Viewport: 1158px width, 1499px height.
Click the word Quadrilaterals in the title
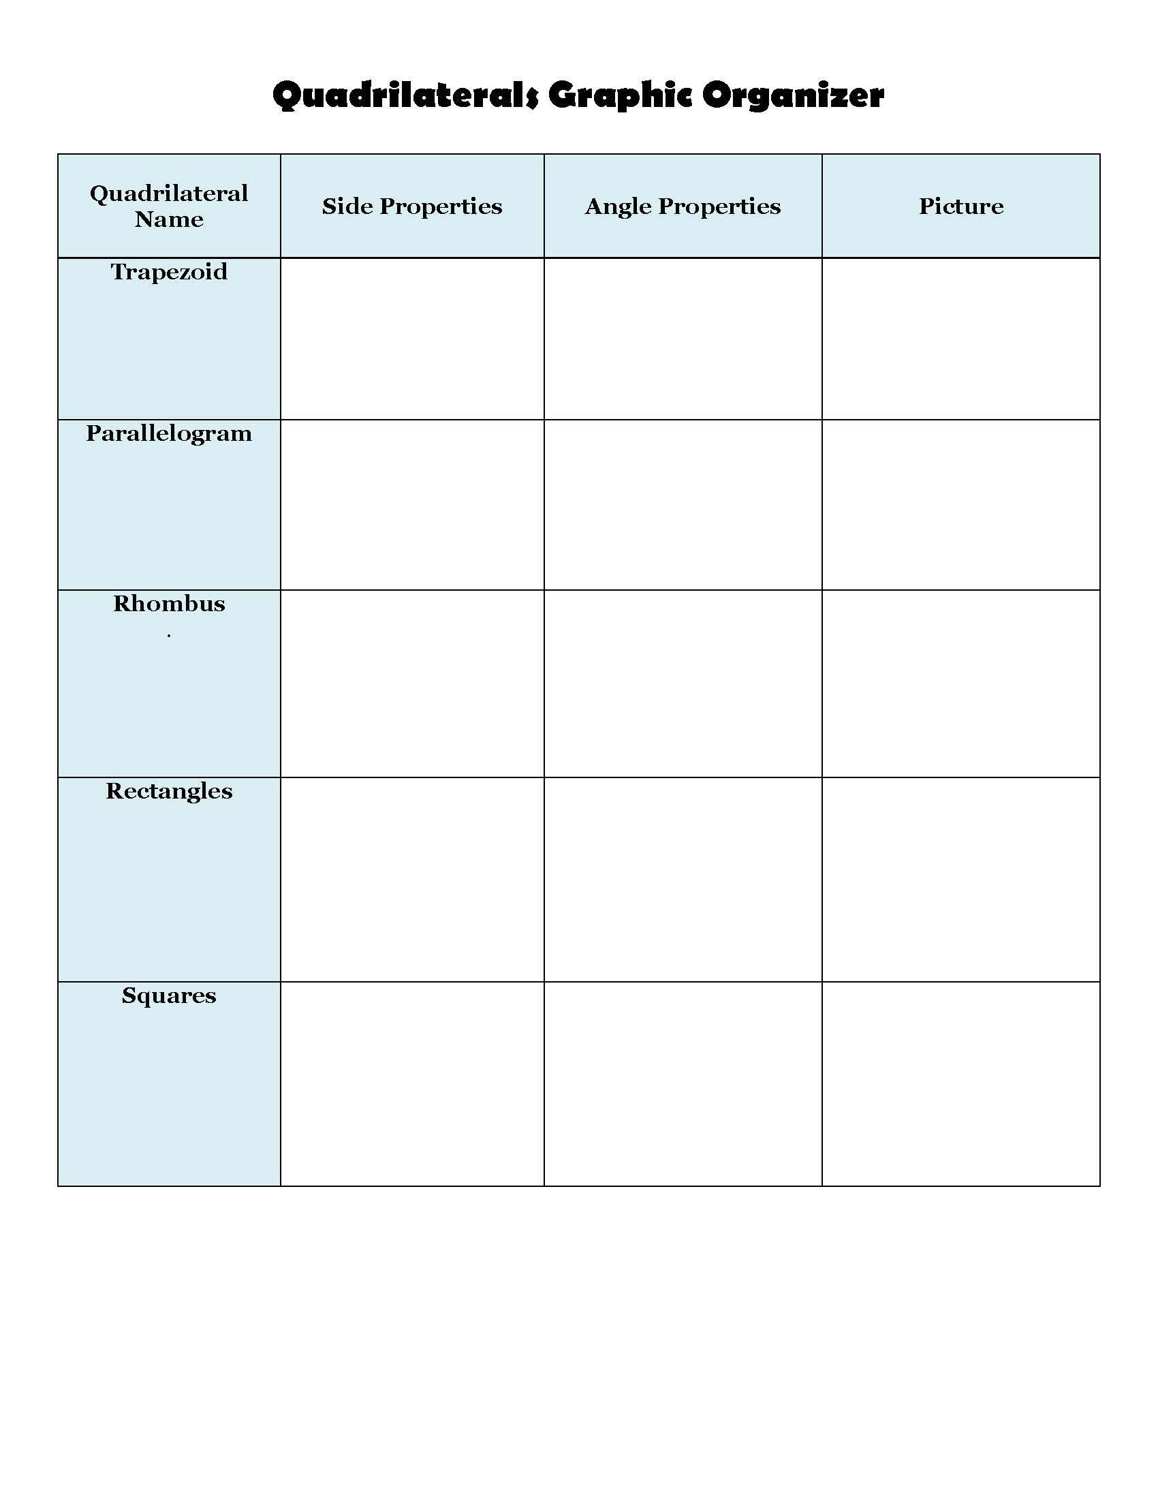(405, 95)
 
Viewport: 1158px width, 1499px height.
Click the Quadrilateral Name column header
(169, 206)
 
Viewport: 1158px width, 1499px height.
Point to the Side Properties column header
(411, 206)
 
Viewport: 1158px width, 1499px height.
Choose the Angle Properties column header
(683, 206)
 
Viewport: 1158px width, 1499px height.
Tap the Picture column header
(960, 206)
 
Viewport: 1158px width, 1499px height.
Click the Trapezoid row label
(169, 272)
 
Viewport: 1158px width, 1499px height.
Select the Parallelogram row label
(169, 434)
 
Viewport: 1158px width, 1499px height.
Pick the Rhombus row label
(169, 603)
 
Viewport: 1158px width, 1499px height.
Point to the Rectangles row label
(169, 790)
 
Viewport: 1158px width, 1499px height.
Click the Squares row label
(169, 995)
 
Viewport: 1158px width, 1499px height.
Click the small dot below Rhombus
(169, 636)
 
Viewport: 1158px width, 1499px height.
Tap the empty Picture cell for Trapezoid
(960, 339)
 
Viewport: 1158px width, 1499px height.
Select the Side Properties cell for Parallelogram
(411, 504)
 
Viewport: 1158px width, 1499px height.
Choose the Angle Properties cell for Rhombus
(683, 683)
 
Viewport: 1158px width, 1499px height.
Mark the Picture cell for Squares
(960, 1084)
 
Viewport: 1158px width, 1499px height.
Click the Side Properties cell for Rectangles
(411, 879)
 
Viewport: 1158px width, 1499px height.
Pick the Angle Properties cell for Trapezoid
(683, 339)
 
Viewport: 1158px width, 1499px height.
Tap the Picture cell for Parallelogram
(960, 504)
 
